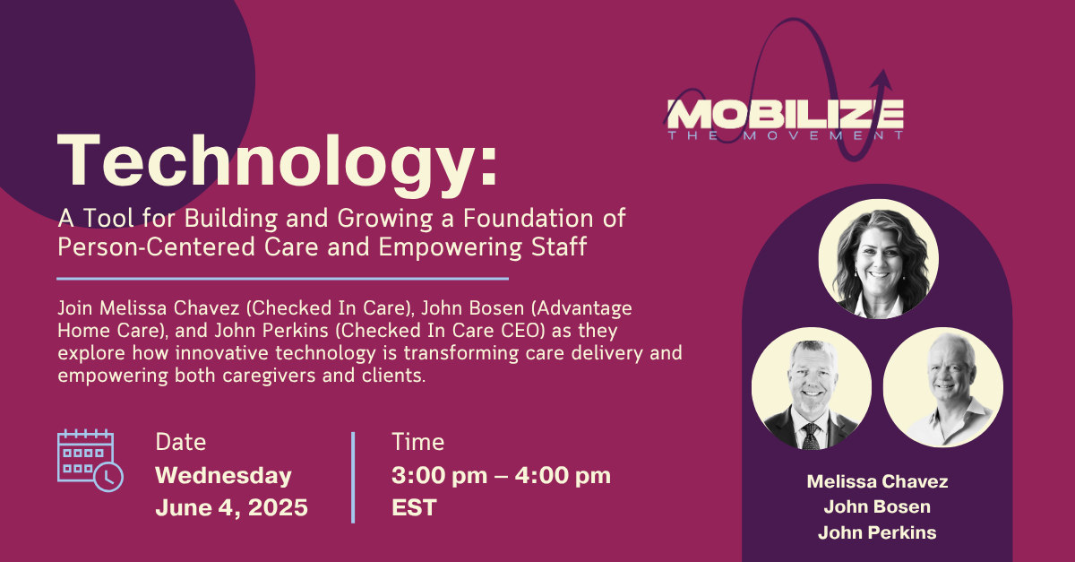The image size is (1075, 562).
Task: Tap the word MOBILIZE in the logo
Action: coord(785,115)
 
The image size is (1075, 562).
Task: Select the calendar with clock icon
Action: coord(90,460)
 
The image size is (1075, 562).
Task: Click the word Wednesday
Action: coord(224,475)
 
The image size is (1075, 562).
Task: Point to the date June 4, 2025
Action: coord(231,507)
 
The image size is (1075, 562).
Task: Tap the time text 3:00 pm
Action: coord(439,476)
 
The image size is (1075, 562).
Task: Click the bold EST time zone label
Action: coord(414,507)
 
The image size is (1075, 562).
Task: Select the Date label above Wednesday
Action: coord(180,442)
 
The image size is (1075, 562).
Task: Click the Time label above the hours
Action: coord(418,442)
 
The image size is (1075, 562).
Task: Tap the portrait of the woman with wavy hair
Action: coord(878,259)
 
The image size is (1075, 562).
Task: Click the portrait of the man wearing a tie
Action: coord(812,388)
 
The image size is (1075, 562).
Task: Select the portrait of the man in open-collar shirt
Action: coord(943,387)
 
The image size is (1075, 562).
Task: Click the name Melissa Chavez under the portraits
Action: coord(877,481)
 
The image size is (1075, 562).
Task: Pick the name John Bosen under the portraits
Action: coord(877,506)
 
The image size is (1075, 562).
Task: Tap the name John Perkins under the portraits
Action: coord(877,532)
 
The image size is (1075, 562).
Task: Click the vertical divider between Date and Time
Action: coord(353,478)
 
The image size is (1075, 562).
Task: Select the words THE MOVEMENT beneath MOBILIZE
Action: coord(785,135)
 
